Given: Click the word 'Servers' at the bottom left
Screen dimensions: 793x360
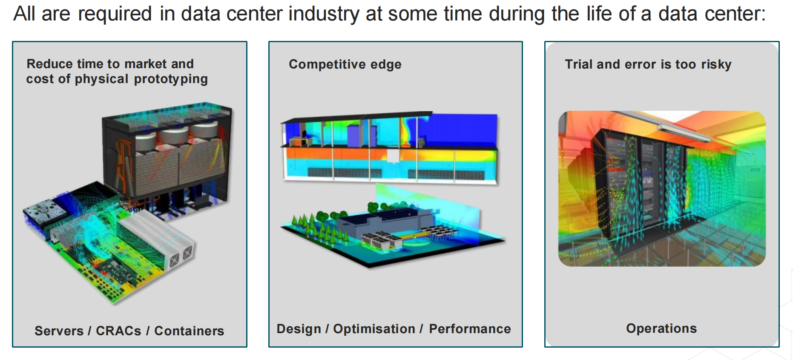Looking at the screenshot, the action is pos(59,331).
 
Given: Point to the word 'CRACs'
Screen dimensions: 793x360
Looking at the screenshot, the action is pos(118,331).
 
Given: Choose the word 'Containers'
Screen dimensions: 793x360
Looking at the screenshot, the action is pos(189,331).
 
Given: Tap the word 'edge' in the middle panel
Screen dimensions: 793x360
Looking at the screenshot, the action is pos(386,65).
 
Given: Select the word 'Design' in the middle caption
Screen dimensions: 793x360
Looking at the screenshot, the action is pos(299,329).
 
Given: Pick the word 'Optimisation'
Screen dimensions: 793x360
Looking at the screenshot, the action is pos(374,329).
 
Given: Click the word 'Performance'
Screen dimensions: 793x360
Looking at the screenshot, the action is pos(470,329).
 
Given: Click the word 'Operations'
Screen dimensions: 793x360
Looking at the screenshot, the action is pos(661,328).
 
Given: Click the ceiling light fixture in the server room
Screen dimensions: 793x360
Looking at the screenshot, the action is pos(684,132).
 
